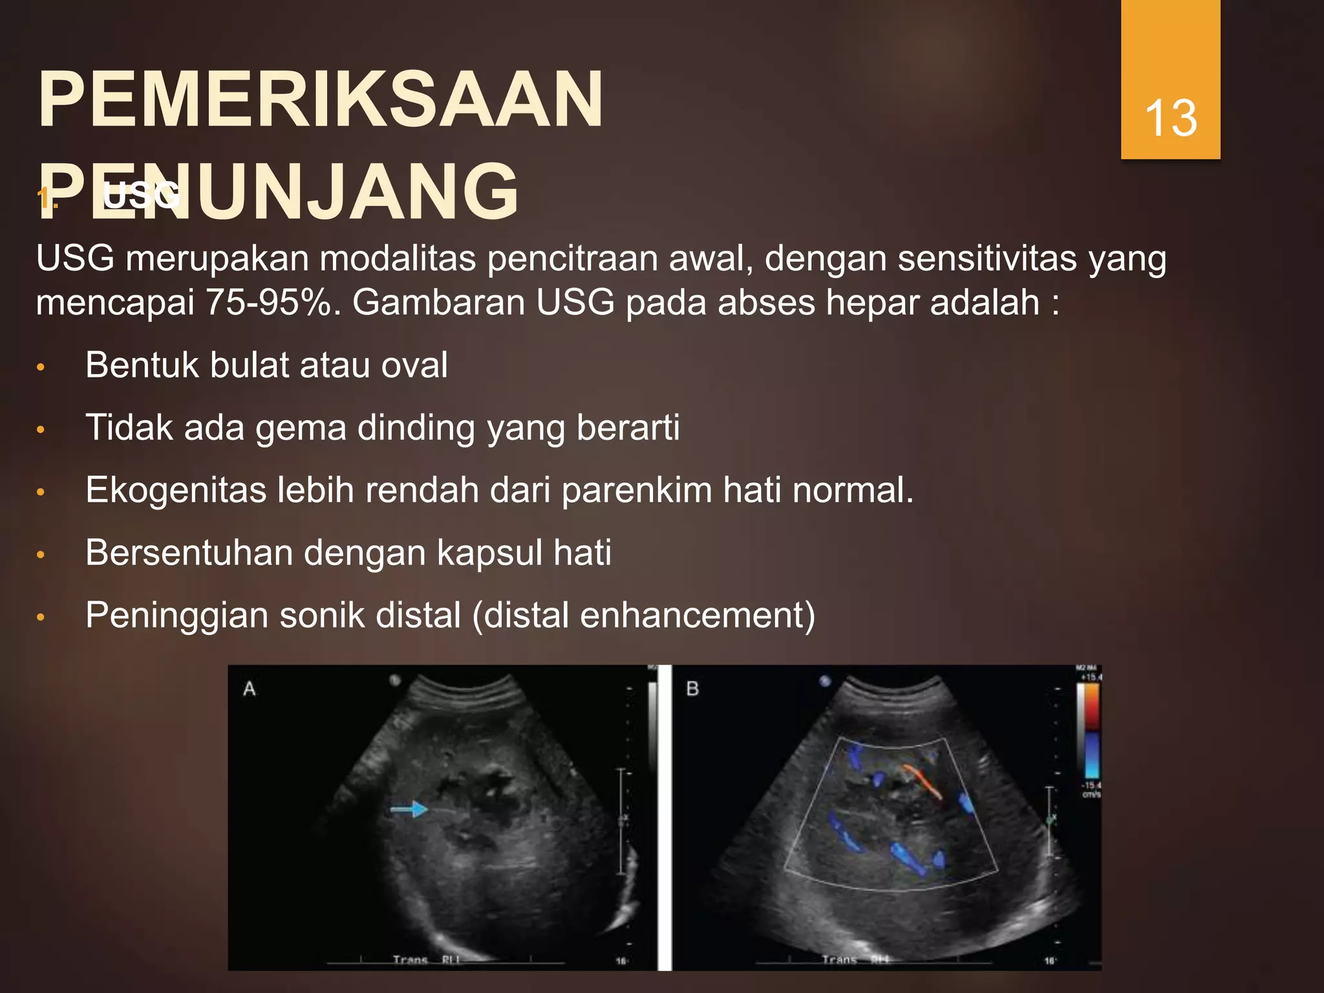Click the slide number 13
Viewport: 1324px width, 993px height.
tap(1171, 118)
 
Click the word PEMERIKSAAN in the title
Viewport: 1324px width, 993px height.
tap(321, 100)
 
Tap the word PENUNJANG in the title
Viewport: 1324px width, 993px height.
tap(278, 192)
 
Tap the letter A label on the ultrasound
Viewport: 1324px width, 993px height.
tap(250, 689)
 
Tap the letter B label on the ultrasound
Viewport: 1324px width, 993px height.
tap(692, 689)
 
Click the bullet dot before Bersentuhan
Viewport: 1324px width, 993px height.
tap(41, 555)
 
